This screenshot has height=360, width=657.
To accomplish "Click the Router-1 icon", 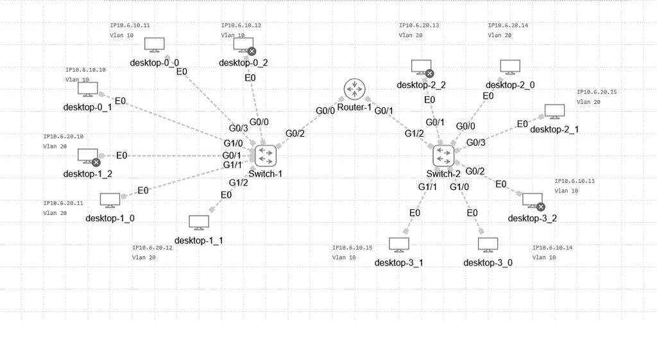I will click(x=354, y=90).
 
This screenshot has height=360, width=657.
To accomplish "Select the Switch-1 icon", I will click(x=265, y=155).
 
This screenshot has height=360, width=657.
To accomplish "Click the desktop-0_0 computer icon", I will click(x=154, y=45).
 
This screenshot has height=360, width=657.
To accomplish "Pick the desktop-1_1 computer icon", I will click(x=198, y=223).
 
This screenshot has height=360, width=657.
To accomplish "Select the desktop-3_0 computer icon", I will click(x=488, y=245).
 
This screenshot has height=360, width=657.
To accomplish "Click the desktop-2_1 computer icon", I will click(x=554, y=112).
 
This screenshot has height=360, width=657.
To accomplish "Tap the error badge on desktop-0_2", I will click(x=252, y=51).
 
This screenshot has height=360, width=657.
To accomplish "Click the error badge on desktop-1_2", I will click(x=96, y=162).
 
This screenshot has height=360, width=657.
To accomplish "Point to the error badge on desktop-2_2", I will click(x=429, y=74).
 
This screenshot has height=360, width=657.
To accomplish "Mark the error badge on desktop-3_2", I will click(x=540, y=207).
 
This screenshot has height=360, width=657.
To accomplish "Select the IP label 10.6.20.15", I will click(x=597, y=92).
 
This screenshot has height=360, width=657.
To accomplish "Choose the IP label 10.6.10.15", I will click(x=352, y=248).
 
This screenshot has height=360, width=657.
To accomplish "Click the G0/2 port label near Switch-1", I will click(x=295, y=133).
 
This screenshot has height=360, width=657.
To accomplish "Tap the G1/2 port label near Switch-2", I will click(x=414, y=133).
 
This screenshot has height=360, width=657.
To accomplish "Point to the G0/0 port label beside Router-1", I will click(x=325, y=111).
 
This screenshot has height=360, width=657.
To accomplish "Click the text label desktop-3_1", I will click(x=398, y=262).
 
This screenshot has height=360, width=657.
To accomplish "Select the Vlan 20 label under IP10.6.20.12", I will click(x=144, y=258).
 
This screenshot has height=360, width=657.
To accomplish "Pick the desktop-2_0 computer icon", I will click(x=509, y=67).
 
